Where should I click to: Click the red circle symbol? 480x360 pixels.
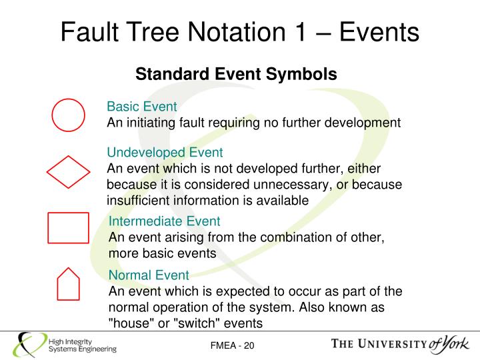[x=69, y=115]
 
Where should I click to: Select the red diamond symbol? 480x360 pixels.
[x=68, y=172]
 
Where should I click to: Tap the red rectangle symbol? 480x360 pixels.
[x=68, y=228]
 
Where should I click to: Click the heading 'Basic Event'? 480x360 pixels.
[x=142, y=107]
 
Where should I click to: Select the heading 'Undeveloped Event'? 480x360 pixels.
[x=165, y=153]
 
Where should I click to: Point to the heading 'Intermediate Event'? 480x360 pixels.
[x=165, y=221]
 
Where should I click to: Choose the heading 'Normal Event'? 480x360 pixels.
[x=149, y=275]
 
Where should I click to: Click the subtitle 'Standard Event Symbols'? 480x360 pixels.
[x=236, y=74]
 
